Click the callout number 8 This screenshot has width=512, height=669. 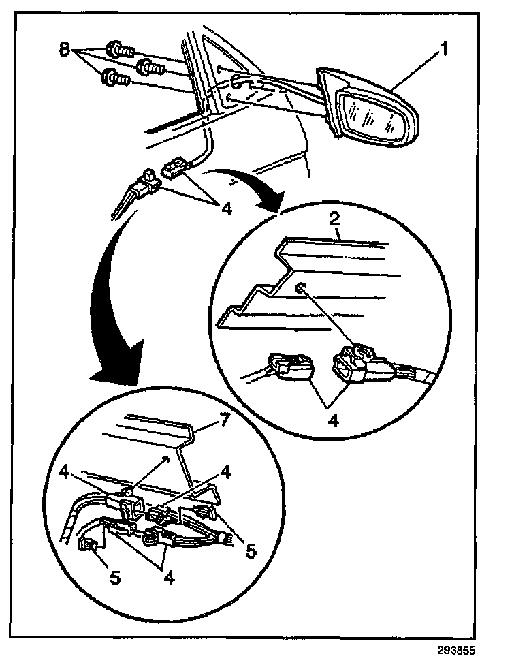[x=65, y=50]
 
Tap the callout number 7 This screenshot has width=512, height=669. [x=223, y=422]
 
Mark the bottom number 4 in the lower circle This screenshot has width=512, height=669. [x=168, y=578]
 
